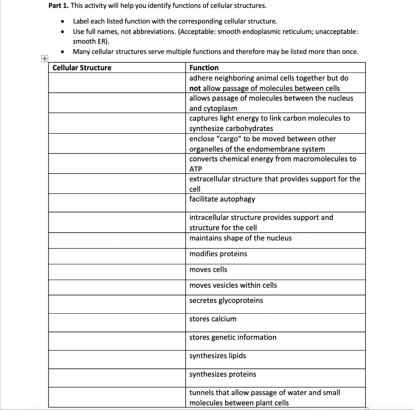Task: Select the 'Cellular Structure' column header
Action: [x=82, y=68]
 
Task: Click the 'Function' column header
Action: [x=204, y=68]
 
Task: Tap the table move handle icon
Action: [x=44, y=59]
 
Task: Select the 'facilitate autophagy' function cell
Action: [x=222, y=199]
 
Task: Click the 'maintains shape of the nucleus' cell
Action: [x=240, y=238]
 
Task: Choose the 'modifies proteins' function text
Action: [x=218, y=254]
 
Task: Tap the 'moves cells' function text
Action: [x=208, y=270]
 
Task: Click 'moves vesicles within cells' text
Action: [x=233, y=285]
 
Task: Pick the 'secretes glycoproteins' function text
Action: [x=226, y=300]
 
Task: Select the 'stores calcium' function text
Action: [x=213, y=319]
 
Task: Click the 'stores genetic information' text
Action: [x=233, y=337]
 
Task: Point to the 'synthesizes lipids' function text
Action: [x=218, y=356]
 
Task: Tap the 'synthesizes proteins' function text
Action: [x=223, y=374]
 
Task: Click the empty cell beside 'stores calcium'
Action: [x=117, y=322]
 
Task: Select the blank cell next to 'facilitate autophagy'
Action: [x=117, y=202]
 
